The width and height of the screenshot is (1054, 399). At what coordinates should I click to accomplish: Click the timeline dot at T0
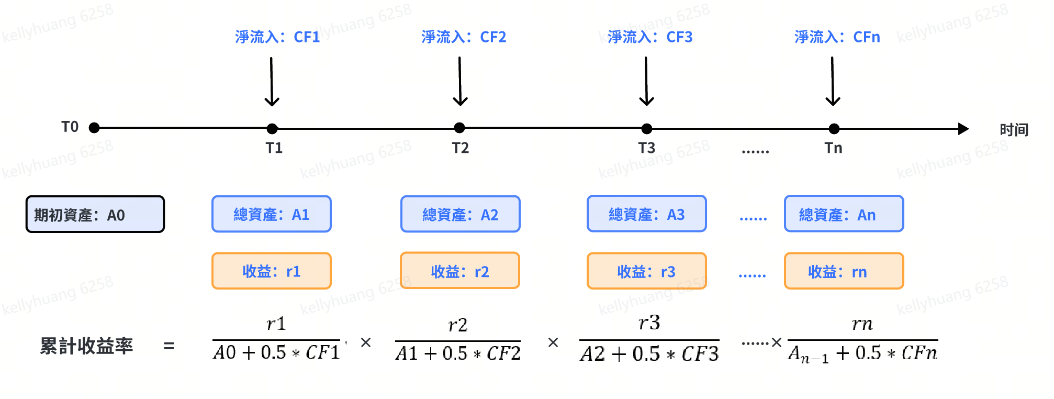(94, 128)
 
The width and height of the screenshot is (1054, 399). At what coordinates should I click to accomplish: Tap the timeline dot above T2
(459, 128)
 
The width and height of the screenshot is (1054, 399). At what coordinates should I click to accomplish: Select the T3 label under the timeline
(647, 148)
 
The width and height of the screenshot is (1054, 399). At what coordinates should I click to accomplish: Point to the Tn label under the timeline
(834, 148)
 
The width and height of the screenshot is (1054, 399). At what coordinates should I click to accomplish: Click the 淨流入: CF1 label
(277, 37)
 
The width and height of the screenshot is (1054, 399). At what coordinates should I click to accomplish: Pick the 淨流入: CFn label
(837, 37)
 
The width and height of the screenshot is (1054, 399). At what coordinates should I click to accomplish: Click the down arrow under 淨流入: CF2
(460, 81)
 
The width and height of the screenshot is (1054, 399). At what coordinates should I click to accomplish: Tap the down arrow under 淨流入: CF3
(646, 81)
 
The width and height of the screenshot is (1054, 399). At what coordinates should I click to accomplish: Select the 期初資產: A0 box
(95, 214)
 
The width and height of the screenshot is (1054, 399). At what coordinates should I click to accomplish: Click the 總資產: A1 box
(272, 214)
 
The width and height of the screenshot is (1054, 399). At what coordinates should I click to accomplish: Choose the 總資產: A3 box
(647, 214)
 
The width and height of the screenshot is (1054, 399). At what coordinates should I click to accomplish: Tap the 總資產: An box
(844, 214)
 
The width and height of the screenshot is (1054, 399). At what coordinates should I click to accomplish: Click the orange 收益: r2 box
(460, 271)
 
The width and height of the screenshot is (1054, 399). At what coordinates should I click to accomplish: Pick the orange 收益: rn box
(844, 271)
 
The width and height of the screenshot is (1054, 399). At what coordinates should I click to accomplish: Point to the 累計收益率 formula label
(87, 346)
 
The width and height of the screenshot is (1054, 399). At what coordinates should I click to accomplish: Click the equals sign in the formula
(169, 346)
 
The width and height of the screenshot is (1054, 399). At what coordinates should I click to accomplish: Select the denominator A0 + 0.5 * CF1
(276, 352)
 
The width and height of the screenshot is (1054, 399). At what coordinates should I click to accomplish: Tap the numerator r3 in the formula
(649, 323)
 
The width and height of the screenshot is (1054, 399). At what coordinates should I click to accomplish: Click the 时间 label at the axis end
(1014, 130)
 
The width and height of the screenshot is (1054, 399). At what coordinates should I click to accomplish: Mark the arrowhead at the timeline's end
(963, 129)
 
